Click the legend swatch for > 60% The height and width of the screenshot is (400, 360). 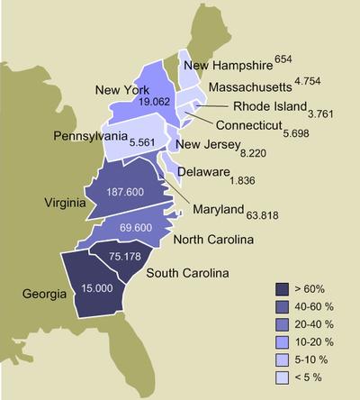coord(281,288)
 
